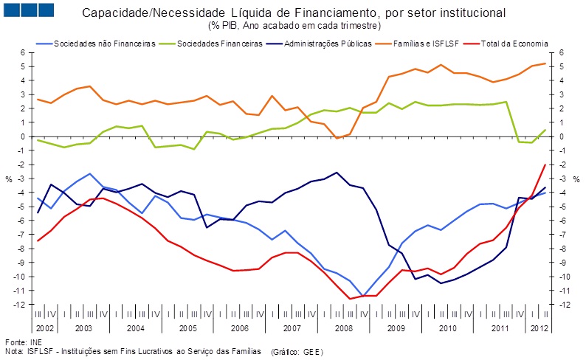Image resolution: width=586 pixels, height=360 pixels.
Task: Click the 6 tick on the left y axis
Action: (24, 53)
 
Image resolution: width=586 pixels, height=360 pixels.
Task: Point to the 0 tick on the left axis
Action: (24, 136)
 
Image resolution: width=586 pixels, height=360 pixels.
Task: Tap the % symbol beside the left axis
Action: (9, 179)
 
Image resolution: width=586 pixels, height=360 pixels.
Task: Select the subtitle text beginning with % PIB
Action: (294, 25)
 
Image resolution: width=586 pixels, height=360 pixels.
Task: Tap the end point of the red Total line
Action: (545, 165)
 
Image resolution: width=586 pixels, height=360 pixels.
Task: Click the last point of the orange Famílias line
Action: (545, 63)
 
